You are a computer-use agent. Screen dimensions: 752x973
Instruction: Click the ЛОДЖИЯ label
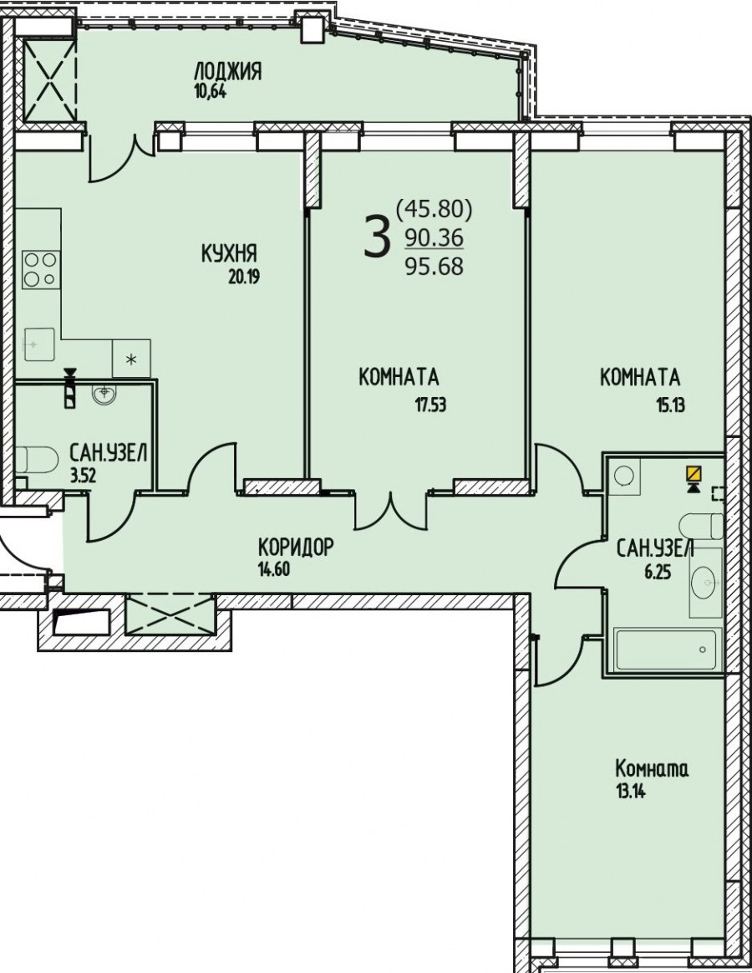click(228, 71)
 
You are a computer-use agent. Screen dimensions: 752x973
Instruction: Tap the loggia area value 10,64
click(211, 92)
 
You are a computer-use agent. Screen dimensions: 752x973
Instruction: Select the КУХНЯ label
click(229, 253)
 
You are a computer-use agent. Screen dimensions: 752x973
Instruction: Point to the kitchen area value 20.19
click(244, 277)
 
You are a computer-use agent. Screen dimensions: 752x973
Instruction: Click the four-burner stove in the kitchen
click(41, 270)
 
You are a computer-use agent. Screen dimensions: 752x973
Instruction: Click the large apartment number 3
click(377, 237)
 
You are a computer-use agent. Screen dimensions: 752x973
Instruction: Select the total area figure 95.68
click(434, 266)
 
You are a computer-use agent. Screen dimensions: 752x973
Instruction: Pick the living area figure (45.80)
click(434, 209)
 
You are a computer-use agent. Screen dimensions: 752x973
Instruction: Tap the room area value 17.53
click(430, 405)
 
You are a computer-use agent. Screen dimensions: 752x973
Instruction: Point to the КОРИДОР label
click(296, 548)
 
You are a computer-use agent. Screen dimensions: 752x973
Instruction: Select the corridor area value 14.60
click(273, 569)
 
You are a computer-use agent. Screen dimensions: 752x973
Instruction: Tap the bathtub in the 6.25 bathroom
click(668, 650)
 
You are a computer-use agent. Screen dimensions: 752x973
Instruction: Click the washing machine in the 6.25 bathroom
click(623, 476)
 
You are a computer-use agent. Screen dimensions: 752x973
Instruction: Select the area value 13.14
click(630, 792)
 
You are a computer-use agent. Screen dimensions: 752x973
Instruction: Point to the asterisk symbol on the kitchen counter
click(131, 359)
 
